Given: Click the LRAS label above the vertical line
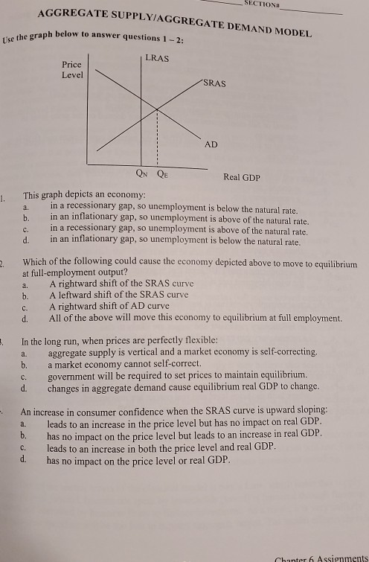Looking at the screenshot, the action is tap(157, 59).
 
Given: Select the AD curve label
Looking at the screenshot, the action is tap(211, 144).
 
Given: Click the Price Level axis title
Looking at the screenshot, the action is tap(72, 71).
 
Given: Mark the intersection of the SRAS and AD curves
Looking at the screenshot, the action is tap(157, 110).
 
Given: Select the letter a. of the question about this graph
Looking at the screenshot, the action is tap(26, 206).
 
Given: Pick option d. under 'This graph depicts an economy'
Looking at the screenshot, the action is tap(26, 241).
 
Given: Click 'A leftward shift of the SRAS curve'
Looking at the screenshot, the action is tap(118, 295).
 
